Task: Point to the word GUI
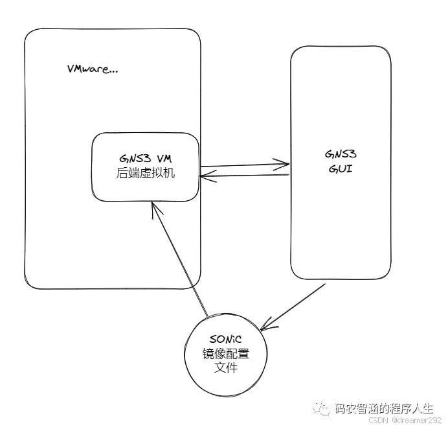(340, 170)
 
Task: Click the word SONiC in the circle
(226, 340)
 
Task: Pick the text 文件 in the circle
(226, 368)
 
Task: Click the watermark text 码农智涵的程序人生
(383, 408)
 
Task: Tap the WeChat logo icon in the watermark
(321, 408)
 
